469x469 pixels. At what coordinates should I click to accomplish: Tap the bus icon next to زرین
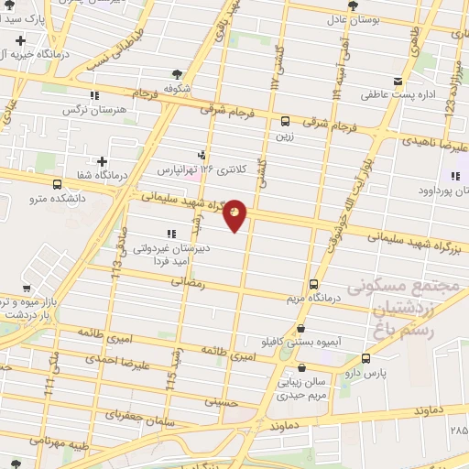coord(285,121)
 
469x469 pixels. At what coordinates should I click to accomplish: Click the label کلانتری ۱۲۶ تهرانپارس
coord(189,170)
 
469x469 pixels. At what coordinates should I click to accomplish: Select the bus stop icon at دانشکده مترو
coord(58,183)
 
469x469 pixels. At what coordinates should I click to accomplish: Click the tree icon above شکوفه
coord(176,75)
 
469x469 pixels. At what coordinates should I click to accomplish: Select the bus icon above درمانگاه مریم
coord(314,285)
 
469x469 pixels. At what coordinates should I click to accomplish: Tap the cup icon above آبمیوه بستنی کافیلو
coord(301,329)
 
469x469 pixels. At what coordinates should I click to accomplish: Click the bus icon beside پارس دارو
coord(366,358)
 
